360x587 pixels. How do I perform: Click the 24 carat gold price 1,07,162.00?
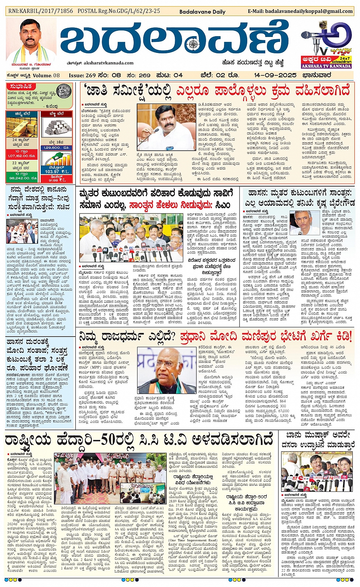(x=22, y=156)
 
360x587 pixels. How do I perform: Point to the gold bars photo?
(x=22, y=127)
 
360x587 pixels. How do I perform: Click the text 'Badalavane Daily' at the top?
(x=202, y=12)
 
